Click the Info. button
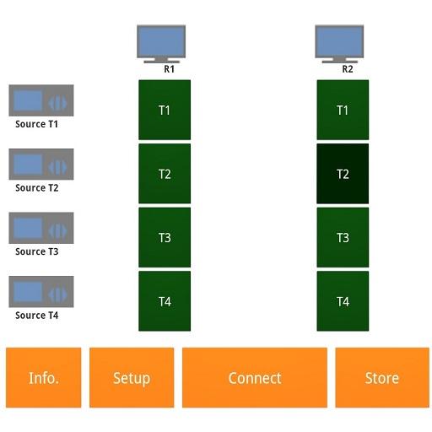coord(43,377)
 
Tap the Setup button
coord(132,377)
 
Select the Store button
coord(382,377)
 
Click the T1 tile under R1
coord(165,110)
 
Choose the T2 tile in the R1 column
coord(165,174)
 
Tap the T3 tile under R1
coord(165,237)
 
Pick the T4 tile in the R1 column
coord(165,301)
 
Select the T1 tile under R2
coord(343,110)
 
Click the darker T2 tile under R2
coord(343,174)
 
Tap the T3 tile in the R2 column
coord(343,237)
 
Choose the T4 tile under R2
coord(343,301)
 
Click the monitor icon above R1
coord(161,44)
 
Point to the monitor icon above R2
coord(339,44)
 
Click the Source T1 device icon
coord(41,100)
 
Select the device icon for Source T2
coord(41,165)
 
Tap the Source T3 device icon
coord(41,228)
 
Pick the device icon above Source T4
coord(41,292)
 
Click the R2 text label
coord(348,69)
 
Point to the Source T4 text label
coord(37,316)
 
